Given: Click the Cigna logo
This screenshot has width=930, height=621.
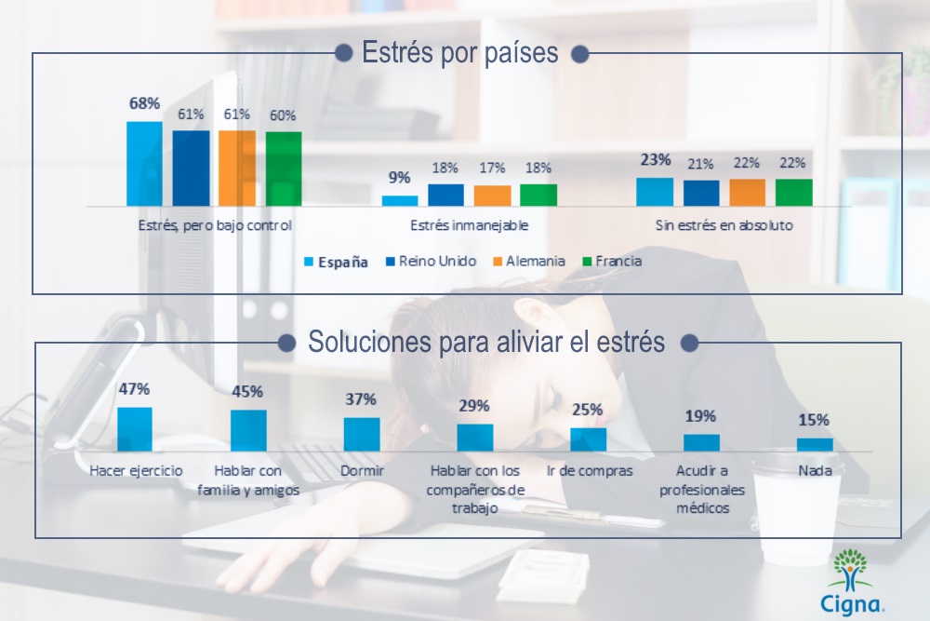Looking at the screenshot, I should coord(851,582).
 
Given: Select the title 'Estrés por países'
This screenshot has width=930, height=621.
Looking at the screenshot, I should coord(459,53).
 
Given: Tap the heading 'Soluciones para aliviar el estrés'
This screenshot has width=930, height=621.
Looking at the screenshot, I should coord(486,343).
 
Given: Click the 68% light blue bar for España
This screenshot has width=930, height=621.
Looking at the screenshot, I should coord(144,164).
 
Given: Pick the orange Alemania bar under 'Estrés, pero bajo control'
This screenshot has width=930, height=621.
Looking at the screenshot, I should coord(237,168).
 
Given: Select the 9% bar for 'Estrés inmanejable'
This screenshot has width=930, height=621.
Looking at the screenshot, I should coord(400,200).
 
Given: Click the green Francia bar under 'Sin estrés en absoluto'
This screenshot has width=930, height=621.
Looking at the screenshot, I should coord(793,192).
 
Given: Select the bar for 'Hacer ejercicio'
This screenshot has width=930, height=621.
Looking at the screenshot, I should coord(135,429).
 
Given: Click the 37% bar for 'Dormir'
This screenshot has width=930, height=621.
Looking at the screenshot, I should coord(362,434).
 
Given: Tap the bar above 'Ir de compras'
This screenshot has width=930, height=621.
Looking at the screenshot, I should coord(588,439).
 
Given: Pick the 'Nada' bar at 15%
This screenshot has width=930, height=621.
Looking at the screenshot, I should coord(815,444).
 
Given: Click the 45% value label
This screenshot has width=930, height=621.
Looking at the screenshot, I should coord(247,391).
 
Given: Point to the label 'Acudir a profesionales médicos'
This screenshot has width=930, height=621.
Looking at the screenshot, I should coord(701,490).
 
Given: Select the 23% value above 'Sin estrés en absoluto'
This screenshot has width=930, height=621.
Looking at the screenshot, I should coord(656,159).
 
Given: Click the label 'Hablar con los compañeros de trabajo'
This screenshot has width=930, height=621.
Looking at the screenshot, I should coord(475,490).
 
